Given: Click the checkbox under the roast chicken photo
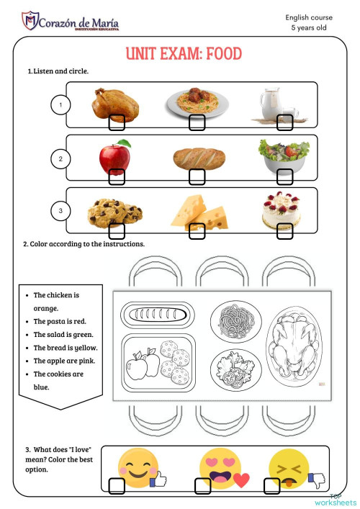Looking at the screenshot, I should coord(117,123).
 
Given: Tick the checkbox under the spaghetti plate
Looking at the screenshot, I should coord(197,123).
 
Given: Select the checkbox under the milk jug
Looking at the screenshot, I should coord(285,123).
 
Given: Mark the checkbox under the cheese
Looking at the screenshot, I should coord(196,230).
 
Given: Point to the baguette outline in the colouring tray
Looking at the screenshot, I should coord(156,315).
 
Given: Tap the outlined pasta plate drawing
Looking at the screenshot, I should coord(233,318).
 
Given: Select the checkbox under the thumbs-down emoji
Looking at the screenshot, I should coord(271,487).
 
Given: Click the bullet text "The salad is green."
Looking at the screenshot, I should coord(64,335).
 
